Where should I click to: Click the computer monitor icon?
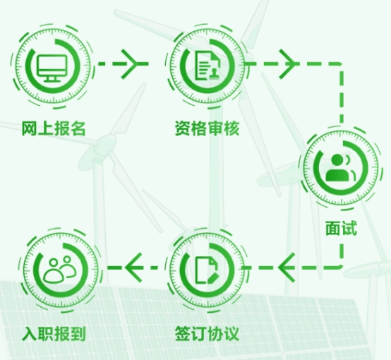point(52,68)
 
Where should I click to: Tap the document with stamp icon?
point(207,66)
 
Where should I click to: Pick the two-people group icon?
point(59,268)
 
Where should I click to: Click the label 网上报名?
point(54,128)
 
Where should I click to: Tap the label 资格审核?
point(207,128)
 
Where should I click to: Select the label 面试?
point(341,228)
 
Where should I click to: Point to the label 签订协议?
point(207,333)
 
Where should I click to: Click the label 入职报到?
point(54,333)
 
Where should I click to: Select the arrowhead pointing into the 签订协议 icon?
point(287,268)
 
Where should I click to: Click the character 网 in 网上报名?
point(30,128)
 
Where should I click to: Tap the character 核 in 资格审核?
point(231,128)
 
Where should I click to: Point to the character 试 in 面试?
point(349,228)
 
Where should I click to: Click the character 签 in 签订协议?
point(183,333)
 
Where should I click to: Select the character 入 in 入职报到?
point(30,334)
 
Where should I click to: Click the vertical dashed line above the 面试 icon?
point(342,94)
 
